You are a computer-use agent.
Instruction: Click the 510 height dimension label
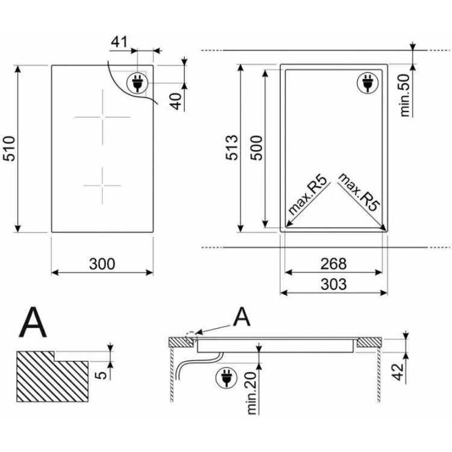(x=9, y=148)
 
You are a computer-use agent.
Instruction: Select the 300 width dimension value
(x=102, y=264)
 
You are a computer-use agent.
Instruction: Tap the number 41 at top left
(x=119, y=42)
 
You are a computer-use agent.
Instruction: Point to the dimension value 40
(x=177, y=101)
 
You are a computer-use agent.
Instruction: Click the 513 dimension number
(x=232, y=147)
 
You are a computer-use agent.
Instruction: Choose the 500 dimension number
(x=256, y=148)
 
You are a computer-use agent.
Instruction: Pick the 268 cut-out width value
(x=333, y=264)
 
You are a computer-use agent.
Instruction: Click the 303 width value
(x=333, y=284)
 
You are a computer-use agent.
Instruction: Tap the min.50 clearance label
(x=405, y=95)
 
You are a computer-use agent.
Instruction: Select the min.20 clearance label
(x=252, y=393)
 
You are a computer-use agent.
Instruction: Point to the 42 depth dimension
(x=398, y=372)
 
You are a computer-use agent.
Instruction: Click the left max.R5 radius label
(x=308, y=195)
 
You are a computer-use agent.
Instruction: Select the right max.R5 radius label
(x=359, y=192)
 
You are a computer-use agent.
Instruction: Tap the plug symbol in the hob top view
(x=137, y=83)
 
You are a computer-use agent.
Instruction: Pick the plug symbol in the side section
(x=226, y=377)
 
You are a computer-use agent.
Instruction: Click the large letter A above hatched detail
(x=33, y=322)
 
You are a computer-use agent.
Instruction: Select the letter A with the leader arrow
(x=242, y=316)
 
